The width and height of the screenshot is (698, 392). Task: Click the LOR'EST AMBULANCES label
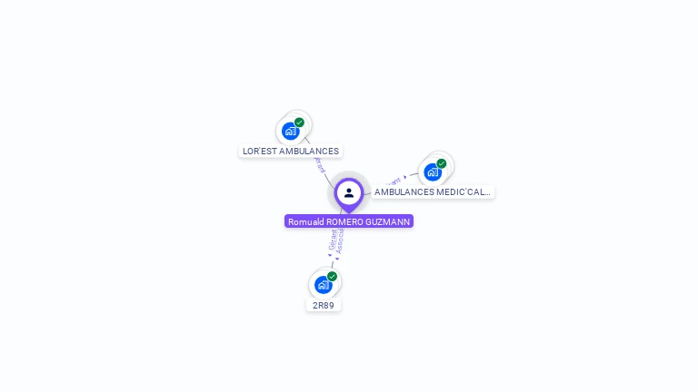click(x=291, y=152)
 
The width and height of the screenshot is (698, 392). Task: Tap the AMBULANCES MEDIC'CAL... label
click(x=433, y=192)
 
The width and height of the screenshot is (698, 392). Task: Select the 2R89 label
click(x=323, y=306)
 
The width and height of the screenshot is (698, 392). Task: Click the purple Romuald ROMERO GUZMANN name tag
click(x=349, y=221)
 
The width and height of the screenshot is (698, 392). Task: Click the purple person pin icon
click(x=349, y=193)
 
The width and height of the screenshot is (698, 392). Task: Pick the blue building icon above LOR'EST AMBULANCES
click(x=290, y=131)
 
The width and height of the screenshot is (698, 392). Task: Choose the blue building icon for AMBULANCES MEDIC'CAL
click(x=433, y=171)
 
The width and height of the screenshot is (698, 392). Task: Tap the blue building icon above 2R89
click(x=323, y=285)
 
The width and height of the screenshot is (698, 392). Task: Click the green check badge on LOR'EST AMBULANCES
click(x=299, y=122)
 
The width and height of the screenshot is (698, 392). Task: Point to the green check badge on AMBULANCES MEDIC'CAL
click(x=442, y=163)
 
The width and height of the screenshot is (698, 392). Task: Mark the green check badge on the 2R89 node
click(x=332, y=276)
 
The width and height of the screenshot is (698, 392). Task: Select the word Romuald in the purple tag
click(x=306, y=221)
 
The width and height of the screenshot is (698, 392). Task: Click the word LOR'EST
click(x=261, y=152)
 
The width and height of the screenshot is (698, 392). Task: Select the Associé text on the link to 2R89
click(x=340, y=242)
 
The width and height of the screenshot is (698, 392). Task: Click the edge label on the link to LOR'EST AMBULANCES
click(x=319, y=165)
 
